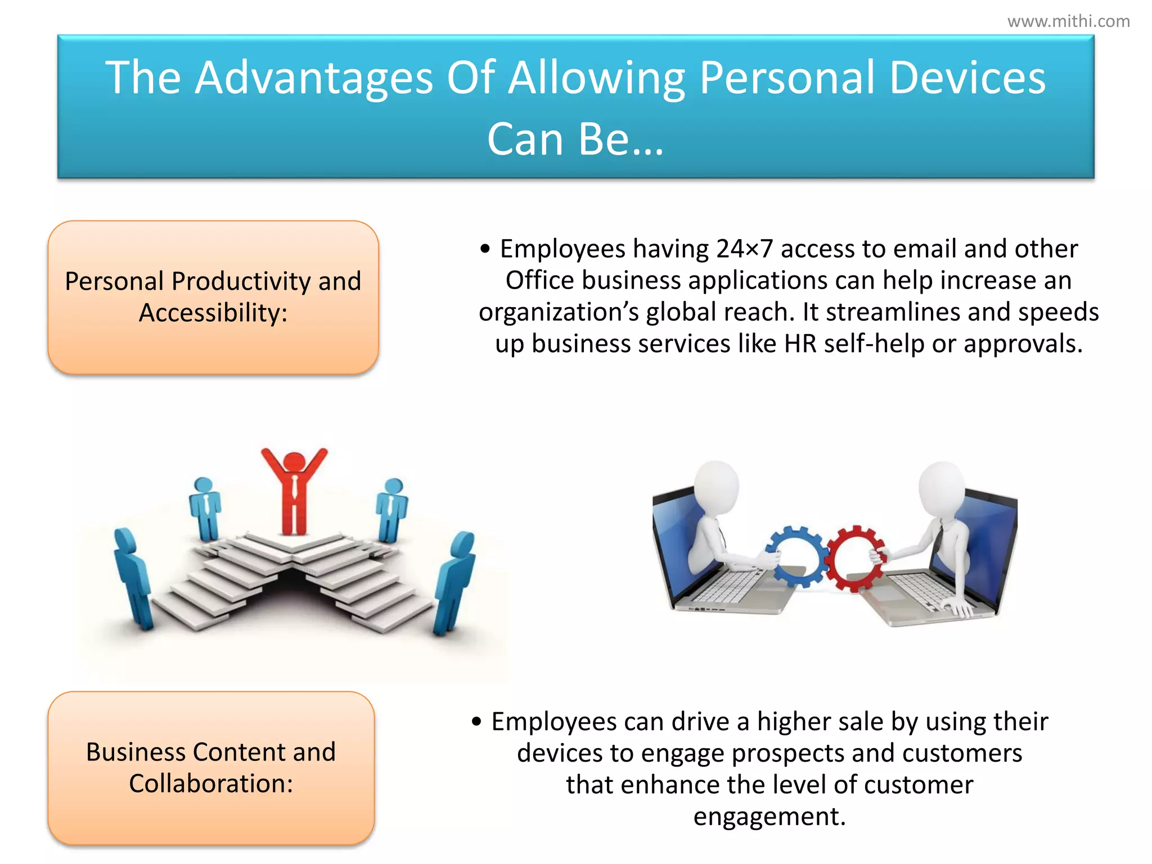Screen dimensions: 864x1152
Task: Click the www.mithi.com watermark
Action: (x=1068, y=21)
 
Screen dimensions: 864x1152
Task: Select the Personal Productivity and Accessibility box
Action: (x=213, y=297)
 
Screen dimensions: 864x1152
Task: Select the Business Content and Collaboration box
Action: (x=211, y=768)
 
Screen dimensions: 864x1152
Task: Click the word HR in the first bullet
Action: (x=800, y=344)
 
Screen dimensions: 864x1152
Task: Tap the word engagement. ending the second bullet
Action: (x=769, y=816)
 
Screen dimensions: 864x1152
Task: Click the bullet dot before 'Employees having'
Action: (x=485, y=249)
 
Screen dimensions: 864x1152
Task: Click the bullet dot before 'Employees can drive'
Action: (x=476, y=722)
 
